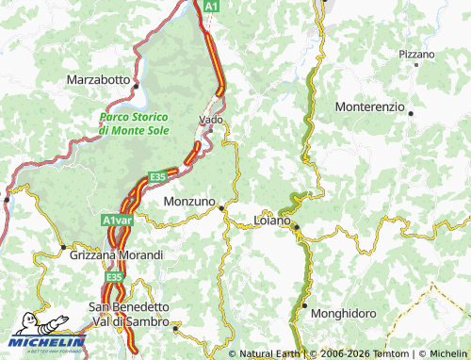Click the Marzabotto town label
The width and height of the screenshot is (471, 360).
coord(98,80)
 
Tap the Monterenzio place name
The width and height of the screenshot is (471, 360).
coord(369,107)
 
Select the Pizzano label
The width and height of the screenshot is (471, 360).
coord(417,55)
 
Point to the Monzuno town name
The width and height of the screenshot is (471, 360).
coord(190,202)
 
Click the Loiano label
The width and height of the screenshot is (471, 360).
coord(270,221)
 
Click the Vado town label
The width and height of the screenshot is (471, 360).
coord(210,120)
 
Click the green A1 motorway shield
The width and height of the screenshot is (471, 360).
coord(212,6)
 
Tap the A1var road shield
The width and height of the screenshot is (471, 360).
coord(116,221)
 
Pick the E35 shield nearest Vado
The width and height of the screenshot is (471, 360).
coord(157,176)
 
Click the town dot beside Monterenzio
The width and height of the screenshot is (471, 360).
coord(411,113)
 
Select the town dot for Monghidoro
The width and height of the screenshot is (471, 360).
coord(305,306)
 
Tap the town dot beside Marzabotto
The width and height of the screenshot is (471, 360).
coord(136,85)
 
